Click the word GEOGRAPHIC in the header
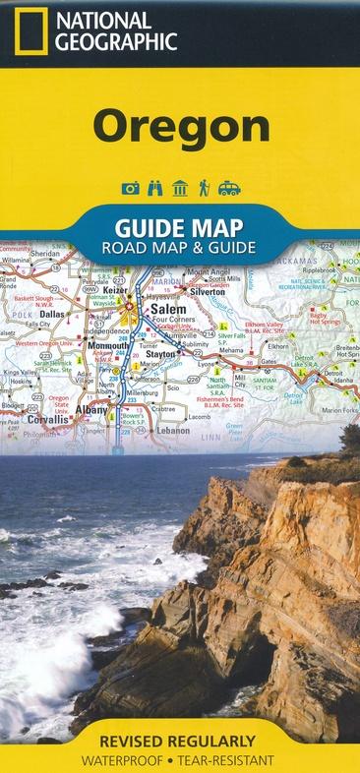[x=116, y=41]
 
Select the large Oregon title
[x=181, y=127]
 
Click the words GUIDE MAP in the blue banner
[x=180, y=226]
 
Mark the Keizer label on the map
[x=114, y=292]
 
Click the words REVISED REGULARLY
[x=179, y=739]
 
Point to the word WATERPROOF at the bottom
[x=125, y=760]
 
